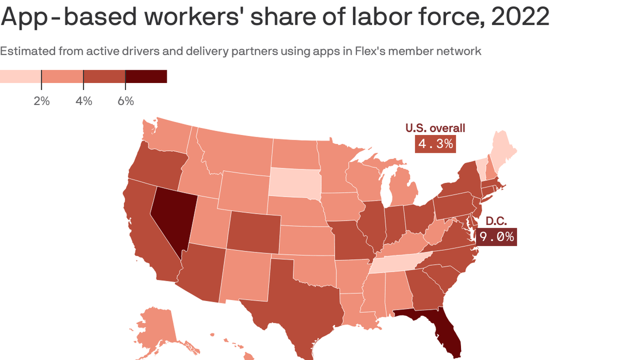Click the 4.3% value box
(x=435, y=143)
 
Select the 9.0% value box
(x=497, y=237)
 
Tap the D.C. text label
(x=496, y=221)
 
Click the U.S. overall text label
(x=435, y=128)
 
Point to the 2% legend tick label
(x=42, y=101)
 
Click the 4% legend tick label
(x=84, y=101)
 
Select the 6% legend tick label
(x=126, y=101)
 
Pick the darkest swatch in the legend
(x=146, y=76)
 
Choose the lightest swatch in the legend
(x=21, y=76)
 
